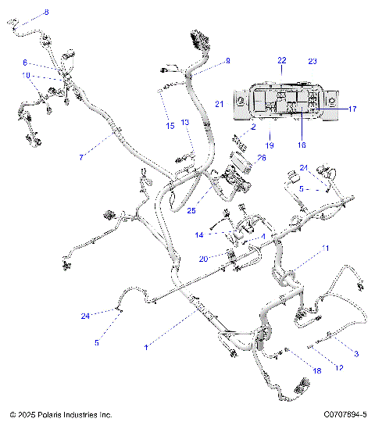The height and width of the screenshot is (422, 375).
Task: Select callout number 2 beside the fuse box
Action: tap(253, 126)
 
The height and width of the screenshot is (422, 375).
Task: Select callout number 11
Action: tap(326, 248)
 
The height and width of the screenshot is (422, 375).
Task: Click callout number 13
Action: tap(185, 122)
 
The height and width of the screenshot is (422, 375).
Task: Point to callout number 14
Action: tap(198, 234)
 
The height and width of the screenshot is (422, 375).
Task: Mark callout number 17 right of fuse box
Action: tap(352, 109)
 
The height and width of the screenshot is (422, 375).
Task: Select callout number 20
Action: tap(203, 259)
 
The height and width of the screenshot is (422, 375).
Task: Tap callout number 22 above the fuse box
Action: tap(282, 60)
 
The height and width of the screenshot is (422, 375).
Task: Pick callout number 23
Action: tap(312, 60)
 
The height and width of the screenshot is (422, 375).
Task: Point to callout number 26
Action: tap(261, 158)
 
